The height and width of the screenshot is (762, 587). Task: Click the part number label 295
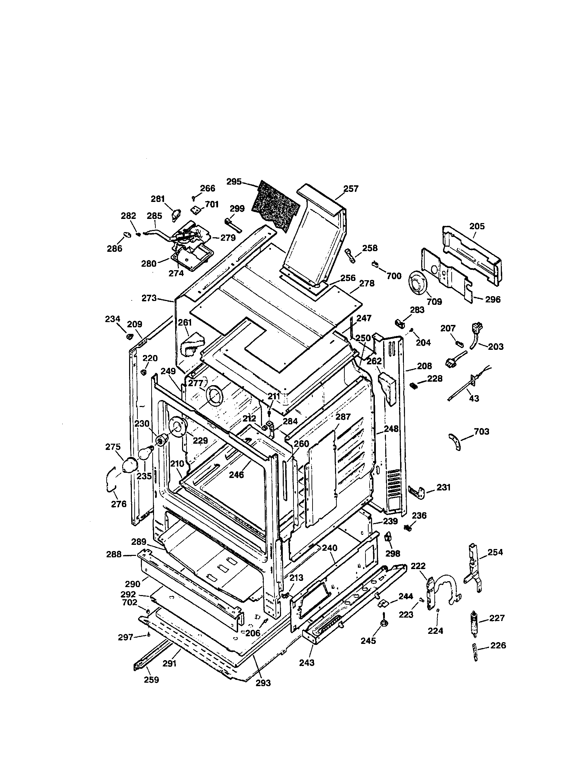coord(234,181)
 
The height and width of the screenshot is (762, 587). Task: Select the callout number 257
coord(351,189)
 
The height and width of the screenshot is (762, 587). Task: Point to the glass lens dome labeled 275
coord(129,465)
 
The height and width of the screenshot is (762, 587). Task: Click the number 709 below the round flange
coord(434,301)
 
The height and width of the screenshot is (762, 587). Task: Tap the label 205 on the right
coord(477,226)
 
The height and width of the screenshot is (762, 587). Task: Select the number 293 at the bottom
coord(263,683)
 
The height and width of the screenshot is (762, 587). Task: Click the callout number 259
coord(151,680)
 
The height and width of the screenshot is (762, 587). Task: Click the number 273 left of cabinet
coord(149,298)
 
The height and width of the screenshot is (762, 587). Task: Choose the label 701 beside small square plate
coord(212,204)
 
